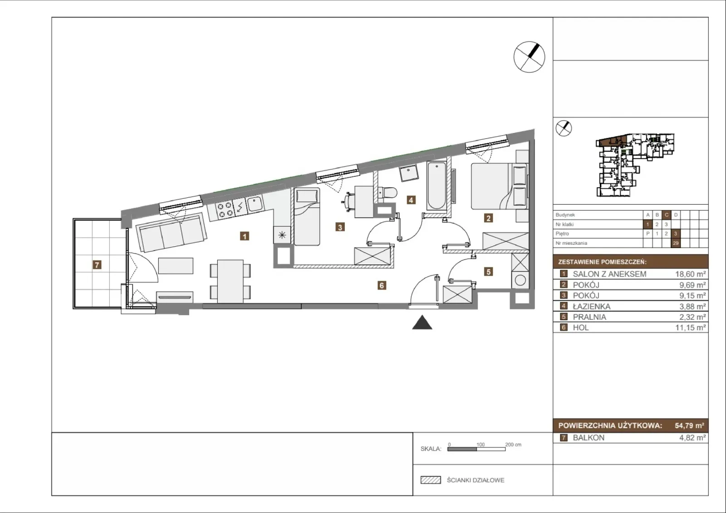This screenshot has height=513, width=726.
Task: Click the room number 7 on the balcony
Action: click(x=97, y=265)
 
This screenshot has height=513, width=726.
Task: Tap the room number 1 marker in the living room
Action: click(x=245, y=236)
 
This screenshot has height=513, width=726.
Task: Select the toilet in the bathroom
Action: click(x=388, y=193)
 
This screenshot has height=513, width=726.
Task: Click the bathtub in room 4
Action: click(x=437, y=186)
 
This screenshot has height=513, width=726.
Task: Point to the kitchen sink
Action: click(x=255, y=204)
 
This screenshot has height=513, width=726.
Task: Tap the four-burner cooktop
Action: click(x=225, y=210)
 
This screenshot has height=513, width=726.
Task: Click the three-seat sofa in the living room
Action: click(x=172, y=232)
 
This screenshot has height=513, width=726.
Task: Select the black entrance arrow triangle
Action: click(x=422, y=322)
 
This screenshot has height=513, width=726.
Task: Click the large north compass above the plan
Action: click(x=529, y=57)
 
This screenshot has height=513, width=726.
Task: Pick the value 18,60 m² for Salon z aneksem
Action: click(x=690, y=274)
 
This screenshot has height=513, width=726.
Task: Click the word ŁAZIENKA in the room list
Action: click(x=592, y=306)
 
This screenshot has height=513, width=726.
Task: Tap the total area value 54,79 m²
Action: click(x=689, y=425)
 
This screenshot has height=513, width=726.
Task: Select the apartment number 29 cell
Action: click(x=676, y=243)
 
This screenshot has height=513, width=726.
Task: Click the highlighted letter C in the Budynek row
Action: click(x=667, y=215)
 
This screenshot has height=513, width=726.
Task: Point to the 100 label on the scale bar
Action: click(x=481, y=445)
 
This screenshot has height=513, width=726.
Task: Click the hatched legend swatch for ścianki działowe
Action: click(x=431, y=480)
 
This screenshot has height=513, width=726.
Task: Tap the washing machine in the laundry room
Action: click(x=520, y=280)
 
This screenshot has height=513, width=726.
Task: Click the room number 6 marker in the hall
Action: click(x=382, y=285)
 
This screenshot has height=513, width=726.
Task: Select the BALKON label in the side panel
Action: click(x=589, y=438)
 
